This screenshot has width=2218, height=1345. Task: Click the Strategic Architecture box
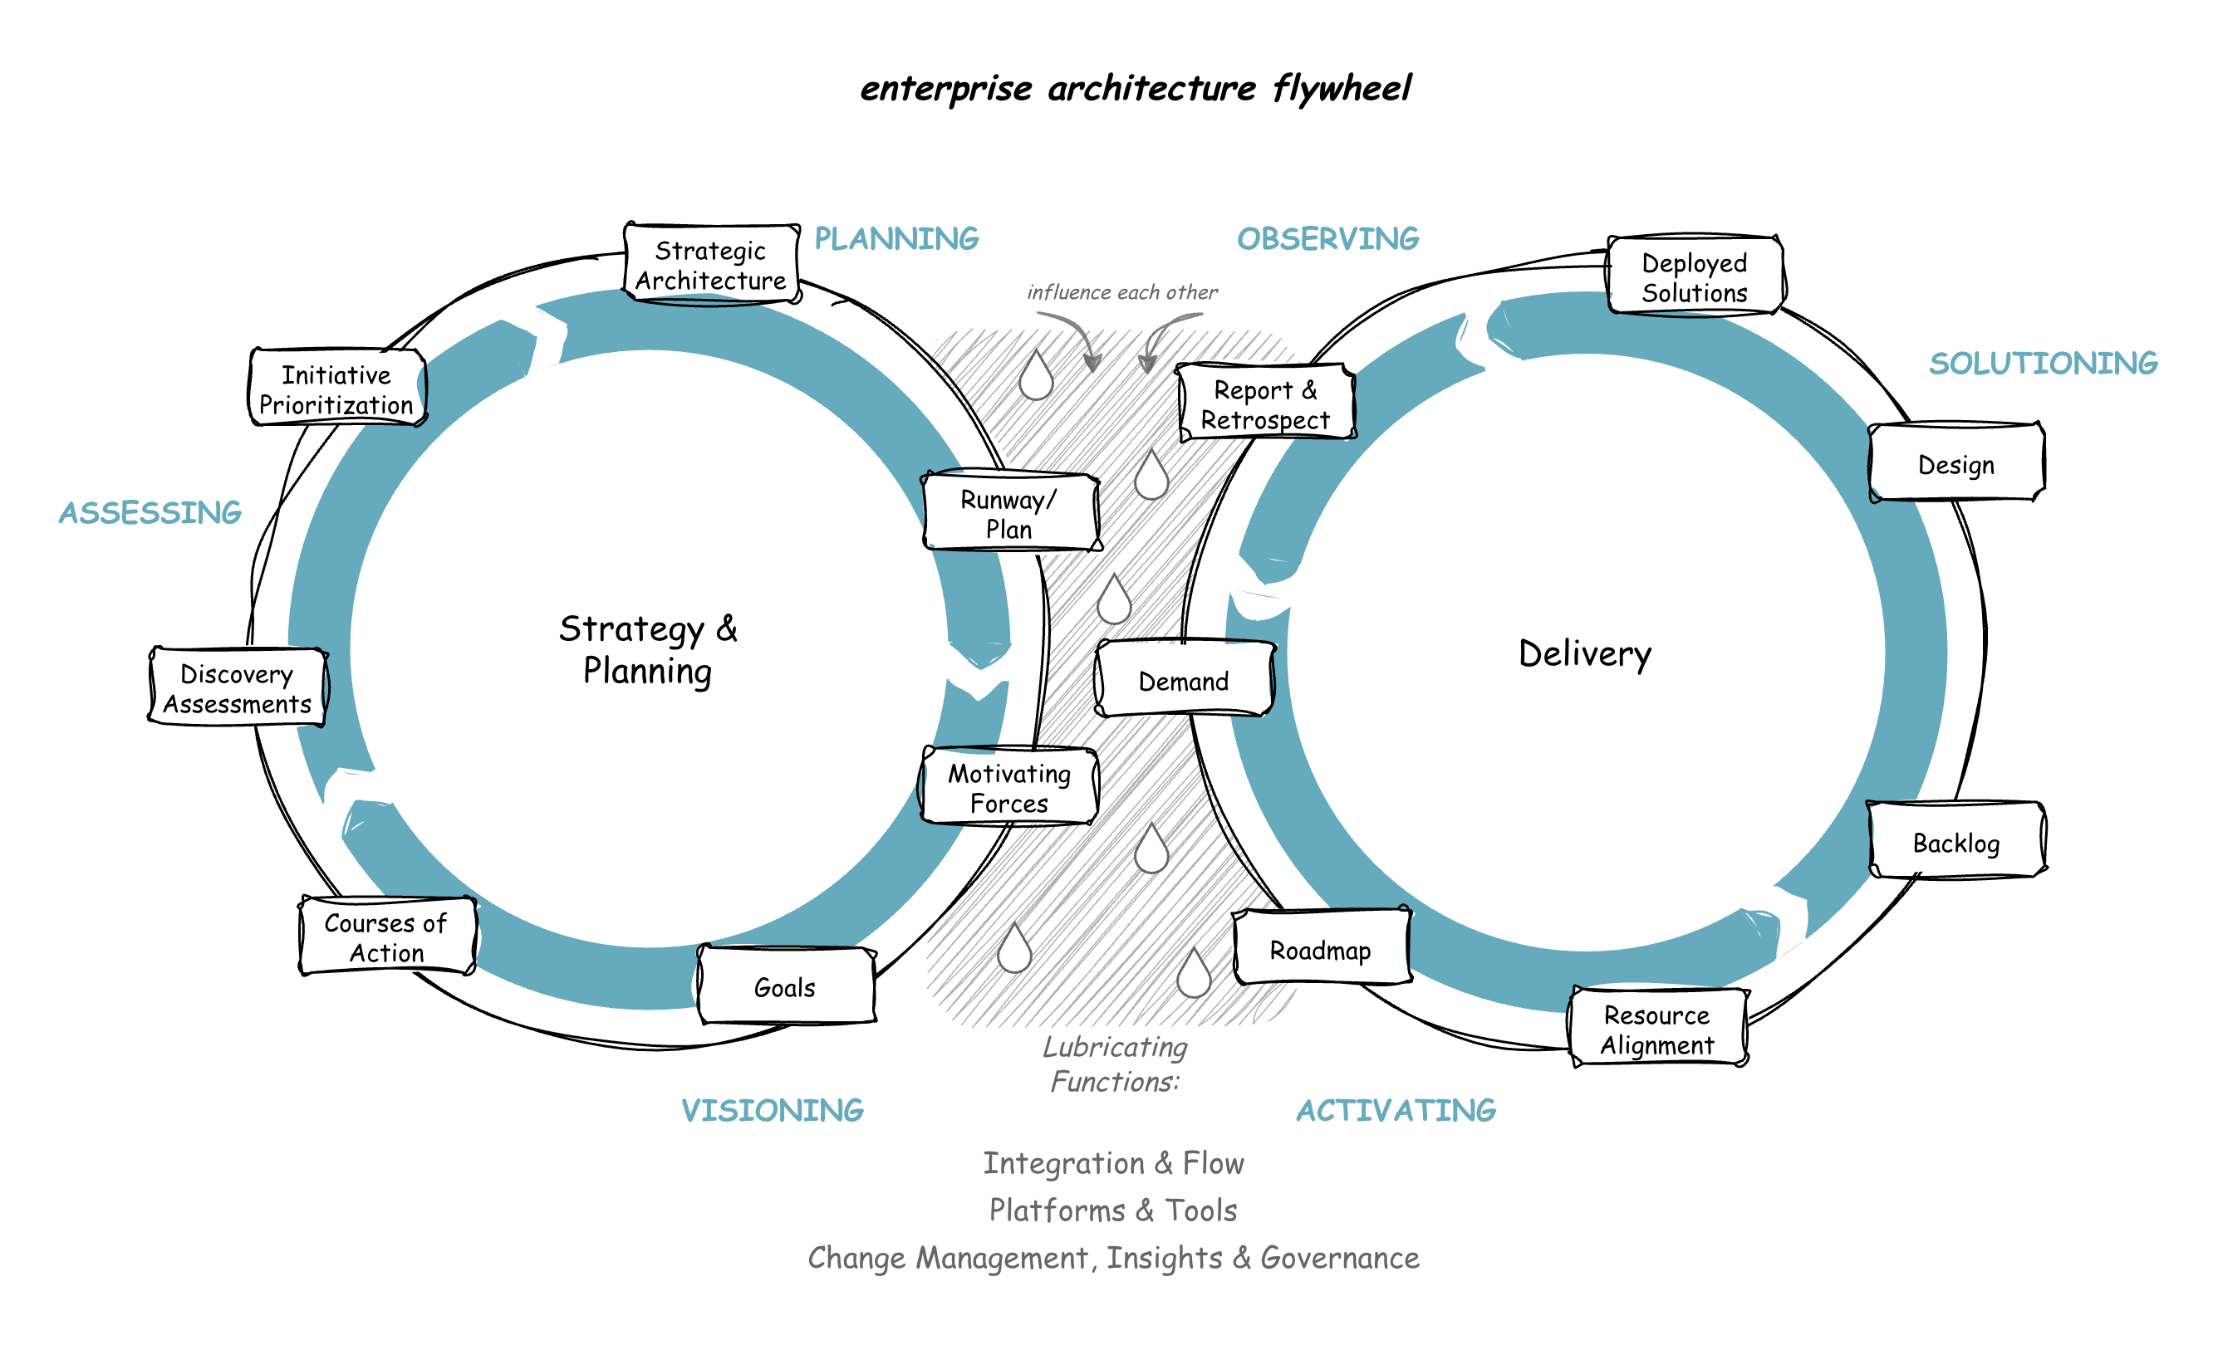pyautogui.click(x=711, y=265)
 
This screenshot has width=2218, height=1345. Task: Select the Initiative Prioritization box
pyautogui.click(x=336, y=389)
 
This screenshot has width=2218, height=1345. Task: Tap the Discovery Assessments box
pyautogui.click(x=237, y=688)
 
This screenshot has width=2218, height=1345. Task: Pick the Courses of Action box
pyautogui.click(x=387, y=937)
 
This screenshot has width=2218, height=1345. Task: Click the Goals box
pyautogui.click(x=786, y=987)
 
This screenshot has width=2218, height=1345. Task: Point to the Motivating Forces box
pyautogui.click(x=1009, y=787)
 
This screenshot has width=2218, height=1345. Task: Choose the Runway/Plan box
pyautogui.click(x=1010, y=513)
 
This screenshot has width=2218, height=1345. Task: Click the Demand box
pyautogui.click(x=1184, y=681)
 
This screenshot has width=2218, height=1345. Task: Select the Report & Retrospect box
pyautogui.click(x=1266, y=404)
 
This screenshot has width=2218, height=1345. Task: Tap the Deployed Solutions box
pyautogui.click(x=1695, y=277)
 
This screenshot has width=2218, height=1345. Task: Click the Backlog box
pyautogui.click(x=1957, y=842)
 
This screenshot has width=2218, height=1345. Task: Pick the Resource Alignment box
pyautogui.click(x=1658, y=1030)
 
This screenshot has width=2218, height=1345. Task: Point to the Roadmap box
pyautogui.click(x=1321, y=950)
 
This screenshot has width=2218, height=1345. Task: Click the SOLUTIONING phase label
pyautogui.click(x=2044, y=363)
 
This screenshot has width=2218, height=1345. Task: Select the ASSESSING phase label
pyautogui.click(x=150, y=512)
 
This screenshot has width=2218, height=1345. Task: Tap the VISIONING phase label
pyautogui.click(x=773, y=1109)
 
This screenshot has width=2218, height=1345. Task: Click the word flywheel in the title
pyautogui.click(x=1342, y=88)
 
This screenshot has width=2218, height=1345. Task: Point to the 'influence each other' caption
pyautogui.click(x=1121, y=292)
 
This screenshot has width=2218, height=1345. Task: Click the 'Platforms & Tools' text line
pyautogui.click(x=1113, y=1210)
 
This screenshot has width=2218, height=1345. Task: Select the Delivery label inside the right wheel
pyautogui.click(x=1585, y=653)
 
